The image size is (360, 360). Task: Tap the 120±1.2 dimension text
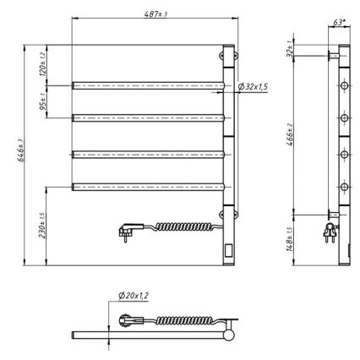pos(42,63)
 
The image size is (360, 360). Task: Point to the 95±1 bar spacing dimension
pos(42,101)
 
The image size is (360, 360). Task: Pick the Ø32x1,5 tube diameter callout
pos(254,88)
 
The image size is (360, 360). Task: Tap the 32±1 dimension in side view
pos(315,50)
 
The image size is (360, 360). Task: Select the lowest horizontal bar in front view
pos(147,186)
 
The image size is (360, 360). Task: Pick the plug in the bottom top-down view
pos(128,321)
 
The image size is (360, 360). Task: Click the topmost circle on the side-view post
pos(344,87)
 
